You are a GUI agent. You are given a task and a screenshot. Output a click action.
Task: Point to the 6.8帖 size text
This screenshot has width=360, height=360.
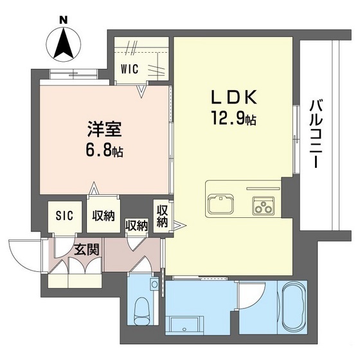[x=104, y=152]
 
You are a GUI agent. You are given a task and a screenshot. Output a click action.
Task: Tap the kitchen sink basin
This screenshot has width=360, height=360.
[x=222, y=206]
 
